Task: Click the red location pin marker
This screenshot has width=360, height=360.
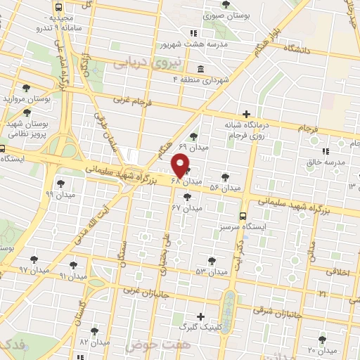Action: click(x=180, y=166)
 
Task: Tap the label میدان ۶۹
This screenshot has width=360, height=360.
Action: click(x=192, y=147)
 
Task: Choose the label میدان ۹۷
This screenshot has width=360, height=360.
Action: click(x=33, y=270)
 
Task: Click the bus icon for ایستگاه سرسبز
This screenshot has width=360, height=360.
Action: click(x=243, y=216)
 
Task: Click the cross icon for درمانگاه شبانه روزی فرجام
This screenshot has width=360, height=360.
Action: click(x=245, y=114)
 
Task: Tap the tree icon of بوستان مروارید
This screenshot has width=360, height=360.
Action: click(x=26, y=88)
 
